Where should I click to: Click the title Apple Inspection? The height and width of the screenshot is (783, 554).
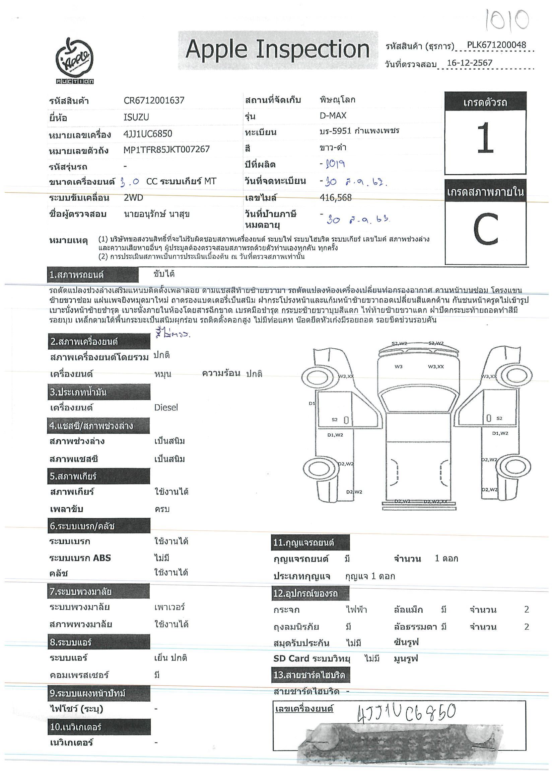pos(278,50)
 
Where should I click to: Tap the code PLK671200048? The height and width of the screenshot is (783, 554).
pos(496,45)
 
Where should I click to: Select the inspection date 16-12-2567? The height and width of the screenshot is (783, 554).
pos(469,63)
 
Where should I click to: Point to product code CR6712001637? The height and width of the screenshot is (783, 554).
pos(154,100)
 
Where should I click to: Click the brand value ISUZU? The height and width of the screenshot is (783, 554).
pos(136,117)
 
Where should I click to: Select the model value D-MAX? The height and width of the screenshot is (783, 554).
pos(333,115)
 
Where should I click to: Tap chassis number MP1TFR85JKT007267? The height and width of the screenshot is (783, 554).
pos(166,149)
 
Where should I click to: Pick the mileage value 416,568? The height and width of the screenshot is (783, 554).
pos(336,198)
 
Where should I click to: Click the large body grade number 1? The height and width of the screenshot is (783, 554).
pos(485,139)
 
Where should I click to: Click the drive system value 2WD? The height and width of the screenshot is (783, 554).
pos(133,198)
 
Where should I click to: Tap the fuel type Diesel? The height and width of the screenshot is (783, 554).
pos(166,408)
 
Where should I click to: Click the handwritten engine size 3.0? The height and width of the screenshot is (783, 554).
pos(130,182)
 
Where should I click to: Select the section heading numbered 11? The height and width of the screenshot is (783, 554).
pos(303,542)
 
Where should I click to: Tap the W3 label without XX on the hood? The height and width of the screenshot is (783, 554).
pos(398,367)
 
